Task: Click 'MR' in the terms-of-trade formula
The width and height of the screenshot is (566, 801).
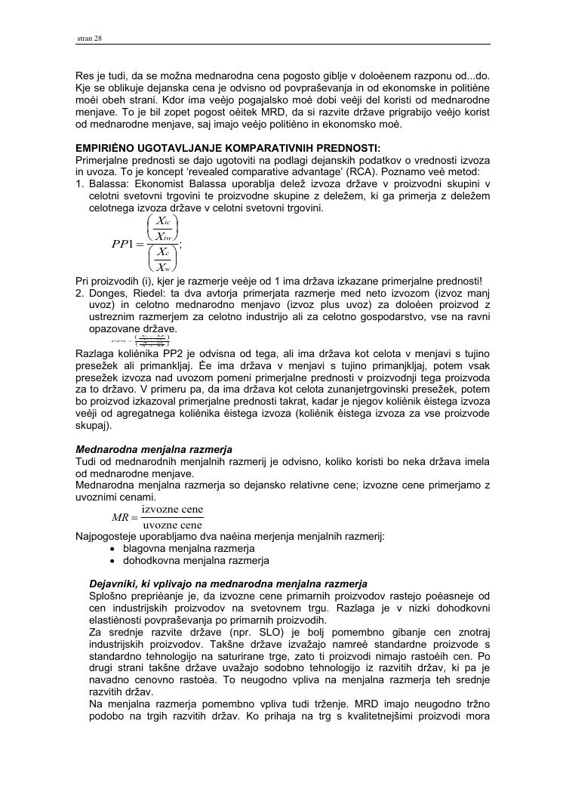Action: (121, 517)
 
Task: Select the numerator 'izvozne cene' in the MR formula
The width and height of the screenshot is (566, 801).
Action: (172, 510)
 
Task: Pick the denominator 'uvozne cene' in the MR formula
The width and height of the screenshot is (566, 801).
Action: (172, 525)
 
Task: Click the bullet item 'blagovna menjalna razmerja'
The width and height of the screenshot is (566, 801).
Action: (189, 548)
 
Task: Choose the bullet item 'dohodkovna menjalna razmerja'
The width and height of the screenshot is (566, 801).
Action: (195, 560)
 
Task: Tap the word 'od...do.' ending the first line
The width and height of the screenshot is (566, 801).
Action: (473, 76)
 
